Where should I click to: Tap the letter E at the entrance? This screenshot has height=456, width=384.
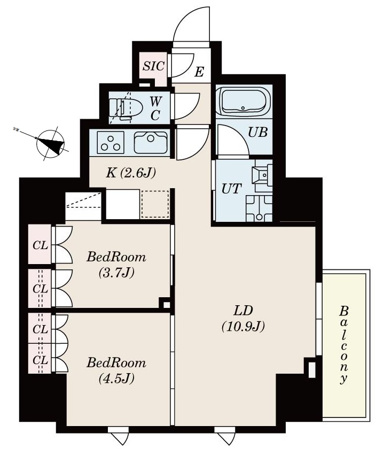pyautogui.click(x=199, y=71)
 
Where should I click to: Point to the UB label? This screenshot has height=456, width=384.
pyautogui.click(x=258, y=132)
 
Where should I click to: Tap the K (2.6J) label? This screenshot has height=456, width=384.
pyautogui.click(x=130, y=173)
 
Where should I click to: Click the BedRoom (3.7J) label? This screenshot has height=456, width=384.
pyautogui.click(x=116, y=265)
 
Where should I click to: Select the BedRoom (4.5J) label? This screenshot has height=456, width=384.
pyautogui.click(x=116, y=371)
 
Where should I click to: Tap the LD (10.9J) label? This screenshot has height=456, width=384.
pyautogui.click(x=243, y=319)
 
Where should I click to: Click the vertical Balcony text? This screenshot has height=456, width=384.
pyautogui.click(x=345, y=345)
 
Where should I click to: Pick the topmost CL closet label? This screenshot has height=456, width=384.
pyautogui.click(x=41, y=246)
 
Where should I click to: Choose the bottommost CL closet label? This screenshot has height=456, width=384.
pyautogui.click(x=41, y=360)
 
